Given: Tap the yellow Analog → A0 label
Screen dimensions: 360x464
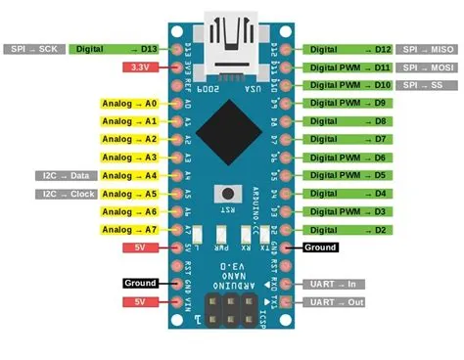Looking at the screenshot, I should pyautogui.click(x=129, y=103).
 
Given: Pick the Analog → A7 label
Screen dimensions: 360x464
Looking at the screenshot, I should pyautogui.click(x=129, y=229).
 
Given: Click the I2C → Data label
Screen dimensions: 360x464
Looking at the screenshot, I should pyautogui.click(x=68, y=175).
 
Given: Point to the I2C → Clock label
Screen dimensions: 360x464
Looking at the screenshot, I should pyautogui.click(x=66, y=194).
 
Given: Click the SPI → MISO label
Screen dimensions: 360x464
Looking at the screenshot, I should pyautogui.click(x=428, y=49).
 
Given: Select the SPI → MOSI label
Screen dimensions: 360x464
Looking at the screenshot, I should pyautogui.click(x=428, y=67).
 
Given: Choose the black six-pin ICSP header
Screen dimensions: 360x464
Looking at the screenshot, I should pyautogui.click(x=231, y=310).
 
